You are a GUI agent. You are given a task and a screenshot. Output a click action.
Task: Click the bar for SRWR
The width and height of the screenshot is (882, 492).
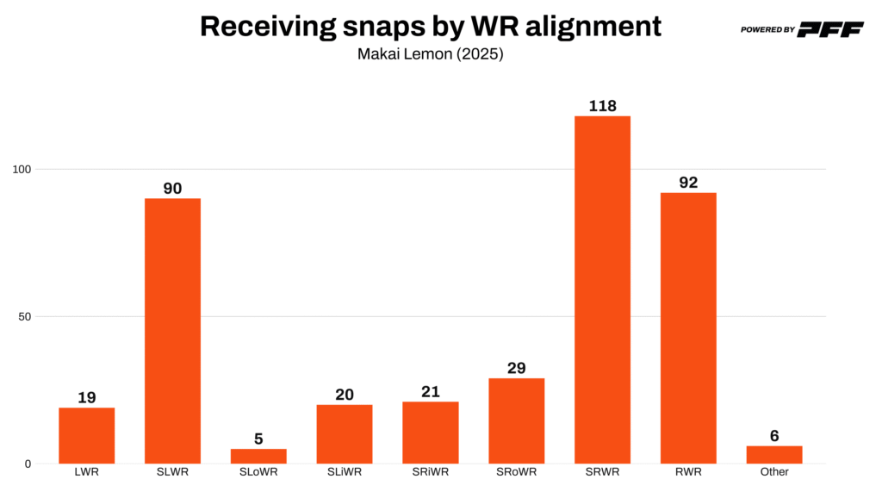point(602,290)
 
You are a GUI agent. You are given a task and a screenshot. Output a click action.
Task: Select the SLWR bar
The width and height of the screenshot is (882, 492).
point(172,331)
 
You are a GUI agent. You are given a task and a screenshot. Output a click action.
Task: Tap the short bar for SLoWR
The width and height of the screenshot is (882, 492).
point(258,456)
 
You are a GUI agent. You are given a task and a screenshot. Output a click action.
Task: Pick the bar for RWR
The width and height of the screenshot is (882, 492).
point(688,327)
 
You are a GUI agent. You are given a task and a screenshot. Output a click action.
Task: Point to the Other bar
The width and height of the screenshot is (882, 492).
point(774,454)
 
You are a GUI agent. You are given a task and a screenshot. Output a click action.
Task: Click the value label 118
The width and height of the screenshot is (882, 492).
point(602,106)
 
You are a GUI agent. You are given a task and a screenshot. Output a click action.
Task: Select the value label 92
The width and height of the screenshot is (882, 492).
point(688,183)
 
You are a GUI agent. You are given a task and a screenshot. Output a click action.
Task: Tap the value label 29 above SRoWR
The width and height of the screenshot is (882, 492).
point(516,368)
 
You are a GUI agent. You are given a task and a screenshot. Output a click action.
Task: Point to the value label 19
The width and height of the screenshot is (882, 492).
point(86,397)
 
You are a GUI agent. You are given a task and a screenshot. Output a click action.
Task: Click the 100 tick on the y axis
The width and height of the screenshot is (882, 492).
point(22,169)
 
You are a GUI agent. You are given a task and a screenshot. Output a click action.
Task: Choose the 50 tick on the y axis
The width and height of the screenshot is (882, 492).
point(25,316)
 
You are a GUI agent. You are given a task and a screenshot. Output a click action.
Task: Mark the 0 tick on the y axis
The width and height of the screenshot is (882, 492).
point(28,464)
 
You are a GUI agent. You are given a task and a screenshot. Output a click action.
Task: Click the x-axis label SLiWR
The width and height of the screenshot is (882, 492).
point(345,472)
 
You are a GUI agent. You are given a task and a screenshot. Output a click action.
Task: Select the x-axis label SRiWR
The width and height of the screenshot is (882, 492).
point(430,472)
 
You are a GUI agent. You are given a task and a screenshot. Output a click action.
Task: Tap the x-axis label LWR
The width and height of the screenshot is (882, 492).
point(86,472)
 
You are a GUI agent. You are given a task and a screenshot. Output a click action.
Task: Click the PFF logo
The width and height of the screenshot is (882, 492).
point(830,29)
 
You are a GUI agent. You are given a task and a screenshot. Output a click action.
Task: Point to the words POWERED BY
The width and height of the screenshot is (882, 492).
point(767,30)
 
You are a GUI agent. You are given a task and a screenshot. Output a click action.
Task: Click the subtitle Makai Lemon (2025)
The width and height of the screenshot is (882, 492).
point(430,53)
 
